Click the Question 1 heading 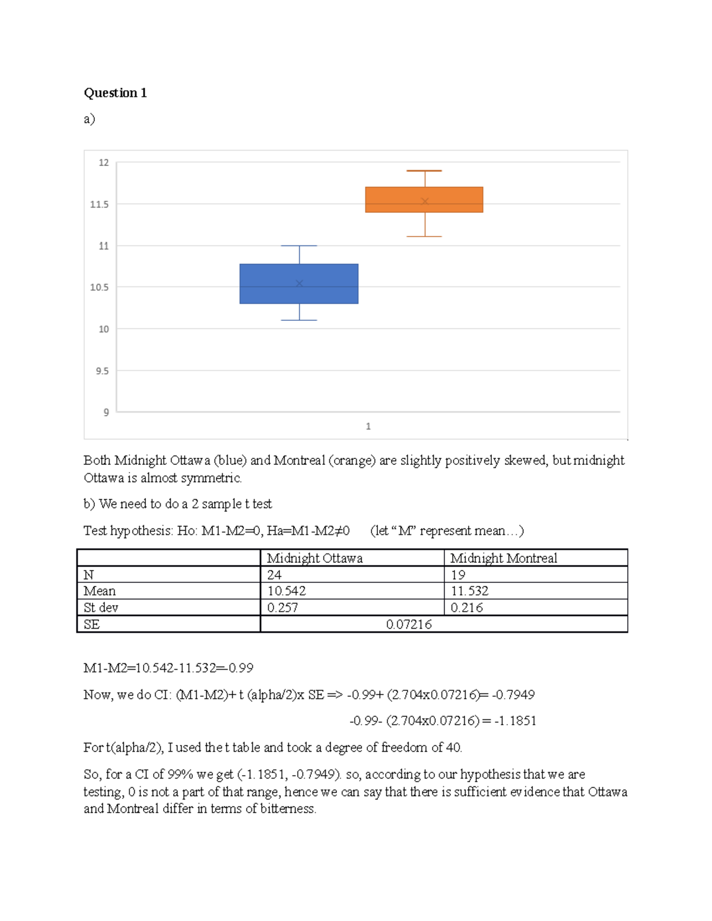point(115,93)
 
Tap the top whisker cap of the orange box point(424,171)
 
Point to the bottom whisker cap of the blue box point(299,320)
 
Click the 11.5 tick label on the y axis point(99,204)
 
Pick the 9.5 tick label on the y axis point(102,371)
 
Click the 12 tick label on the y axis point(103,162)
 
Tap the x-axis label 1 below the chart point(368,426)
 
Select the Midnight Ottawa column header point(314,558)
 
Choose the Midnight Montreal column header point(503,558)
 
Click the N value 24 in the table point(274,575)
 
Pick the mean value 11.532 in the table point(469,591)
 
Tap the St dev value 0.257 point(282,608)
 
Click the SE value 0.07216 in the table point(409,624)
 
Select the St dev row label point(101,608)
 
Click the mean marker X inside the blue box point(299,283)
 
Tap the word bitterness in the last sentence point(288,809)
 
